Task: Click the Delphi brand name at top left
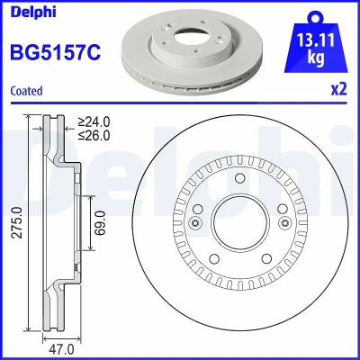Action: [33, 13]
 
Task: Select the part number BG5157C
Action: [56, 52]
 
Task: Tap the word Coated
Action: [26, 91]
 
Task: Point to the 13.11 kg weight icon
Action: [316, 42]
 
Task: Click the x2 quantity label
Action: [338, 89]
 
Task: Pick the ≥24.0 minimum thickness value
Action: [94, 121]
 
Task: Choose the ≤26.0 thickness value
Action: [94, 136]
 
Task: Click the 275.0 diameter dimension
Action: [18, 222]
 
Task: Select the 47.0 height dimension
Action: [62, 349]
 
